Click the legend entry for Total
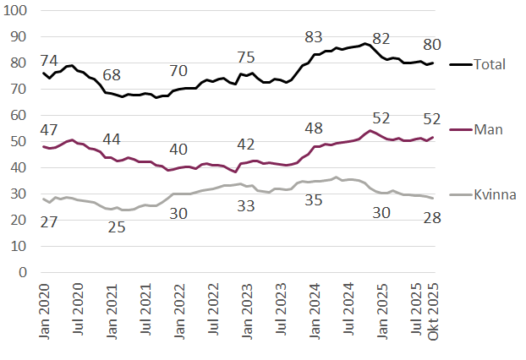488,63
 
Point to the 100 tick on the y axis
17,11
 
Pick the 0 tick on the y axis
23,273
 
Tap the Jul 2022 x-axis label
213,314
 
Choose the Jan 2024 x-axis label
315,314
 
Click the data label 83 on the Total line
314,37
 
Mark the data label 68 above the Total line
111,75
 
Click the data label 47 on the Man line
50,130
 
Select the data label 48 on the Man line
314,129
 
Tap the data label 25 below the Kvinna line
116,226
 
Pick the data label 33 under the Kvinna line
246,205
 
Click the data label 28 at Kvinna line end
432,220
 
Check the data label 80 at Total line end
432,44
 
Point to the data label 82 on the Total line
381,39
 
